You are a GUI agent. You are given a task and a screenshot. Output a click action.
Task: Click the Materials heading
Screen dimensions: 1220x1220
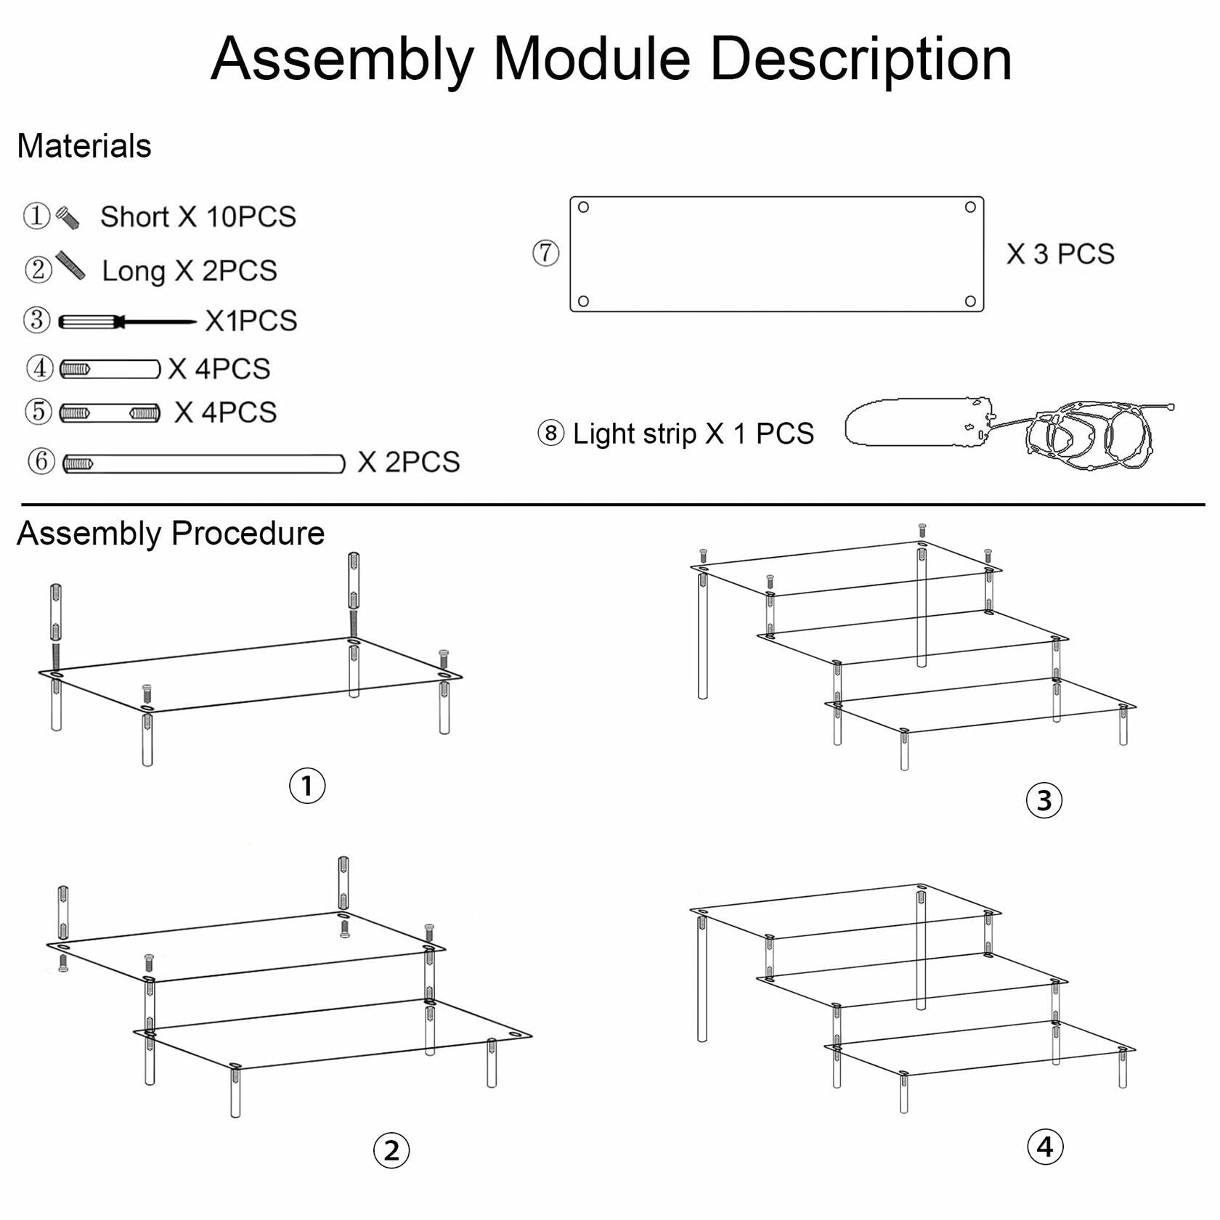(x=84, y=146)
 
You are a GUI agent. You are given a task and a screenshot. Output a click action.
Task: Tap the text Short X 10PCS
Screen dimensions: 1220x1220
(x=198, y=216)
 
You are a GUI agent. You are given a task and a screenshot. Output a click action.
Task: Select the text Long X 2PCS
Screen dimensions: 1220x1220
(x=189, y=271)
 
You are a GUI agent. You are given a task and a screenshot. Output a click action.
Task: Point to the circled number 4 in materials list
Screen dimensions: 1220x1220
(x=40, y=368)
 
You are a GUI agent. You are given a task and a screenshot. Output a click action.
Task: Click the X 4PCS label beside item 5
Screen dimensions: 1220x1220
(x=225, y=412)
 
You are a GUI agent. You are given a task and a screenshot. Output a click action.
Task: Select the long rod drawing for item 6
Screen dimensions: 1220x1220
(x=203, y=463)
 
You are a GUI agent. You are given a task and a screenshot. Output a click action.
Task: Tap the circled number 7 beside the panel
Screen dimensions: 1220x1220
(x=545, y=253)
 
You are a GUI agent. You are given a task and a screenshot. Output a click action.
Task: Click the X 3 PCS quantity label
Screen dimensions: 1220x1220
(x=1060, y=254)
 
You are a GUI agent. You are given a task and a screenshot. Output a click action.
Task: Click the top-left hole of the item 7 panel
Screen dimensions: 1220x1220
(x=583, y=207)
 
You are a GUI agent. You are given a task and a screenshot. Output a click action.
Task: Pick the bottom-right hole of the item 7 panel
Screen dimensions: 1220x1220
(x=970, y=301)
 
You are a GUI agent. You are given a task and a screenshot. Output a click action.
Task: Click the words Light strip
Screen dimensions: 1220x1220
(x=635, y=434)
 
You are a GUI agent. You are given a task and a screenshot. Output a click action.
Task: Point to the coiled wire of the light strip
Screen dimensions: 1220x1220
(x=1089, y=434)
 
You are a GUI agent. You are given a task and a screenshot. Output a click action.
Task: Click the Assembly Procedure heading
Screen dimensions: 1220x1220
(x=171, y=534)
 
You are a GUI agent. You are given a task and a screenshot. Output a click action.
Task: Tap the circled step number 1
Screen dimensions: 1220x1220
(x=307, y=786)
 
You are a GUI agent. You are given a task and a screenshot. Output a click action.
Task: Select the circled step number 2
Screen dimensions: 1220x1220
(x=391, y=1151)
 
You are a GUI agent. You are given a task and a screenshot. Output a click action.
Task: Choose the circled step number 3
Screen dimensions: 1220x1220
(x=1044, y=800)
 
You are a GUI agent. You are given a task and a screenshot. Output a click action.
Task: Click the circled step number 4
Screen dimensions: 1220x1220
(x=1045, y=1147)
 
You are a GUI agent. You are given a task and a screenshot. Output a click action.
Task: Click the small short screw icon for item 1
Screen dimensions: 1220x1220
(x=68, y=218)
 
